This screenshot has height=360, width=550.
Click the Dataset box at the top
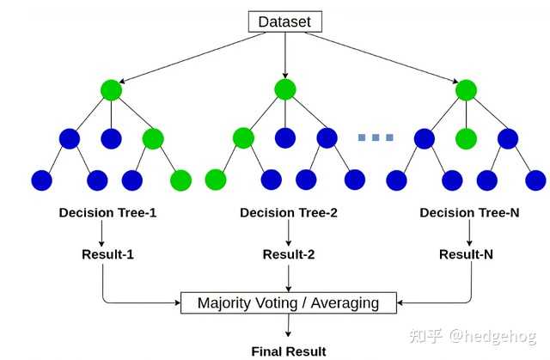pos(284,21)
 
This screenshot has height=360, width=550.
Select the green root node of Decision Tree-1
pos(111,89)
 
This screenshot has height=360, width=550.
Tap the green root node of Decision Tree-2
pos(285,89)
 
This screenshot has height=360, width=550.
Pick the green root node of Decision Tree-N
pos(466,89)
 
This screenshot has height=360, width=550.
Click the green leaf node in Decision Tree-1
pos(181,180)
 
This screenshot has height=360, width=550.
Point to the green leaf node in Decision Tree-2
pos(216,180)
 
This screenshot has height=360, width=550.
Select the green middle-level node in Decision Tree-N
pos(466,137)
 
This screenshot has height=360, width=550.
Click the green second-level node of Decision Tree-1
pos(153,137)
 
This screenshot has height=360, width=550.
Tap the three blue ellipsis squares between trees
pos(376,137)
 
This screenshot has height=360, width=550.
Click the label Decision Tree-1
pos(107,212)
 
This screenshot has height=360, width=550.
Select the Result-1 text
pos(107,254)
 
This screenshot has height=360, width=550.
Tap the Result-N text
pos(466,254)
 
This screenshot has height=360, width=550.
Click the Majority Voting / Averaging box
pos(288,302)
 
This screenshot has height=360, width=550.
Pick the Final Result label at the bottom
pos(288,351)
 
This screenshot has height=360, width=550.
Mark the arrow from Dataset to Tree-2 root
pos(284,54)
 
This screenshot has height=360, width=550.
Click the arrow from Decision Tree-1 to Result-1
pos(102,232)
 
